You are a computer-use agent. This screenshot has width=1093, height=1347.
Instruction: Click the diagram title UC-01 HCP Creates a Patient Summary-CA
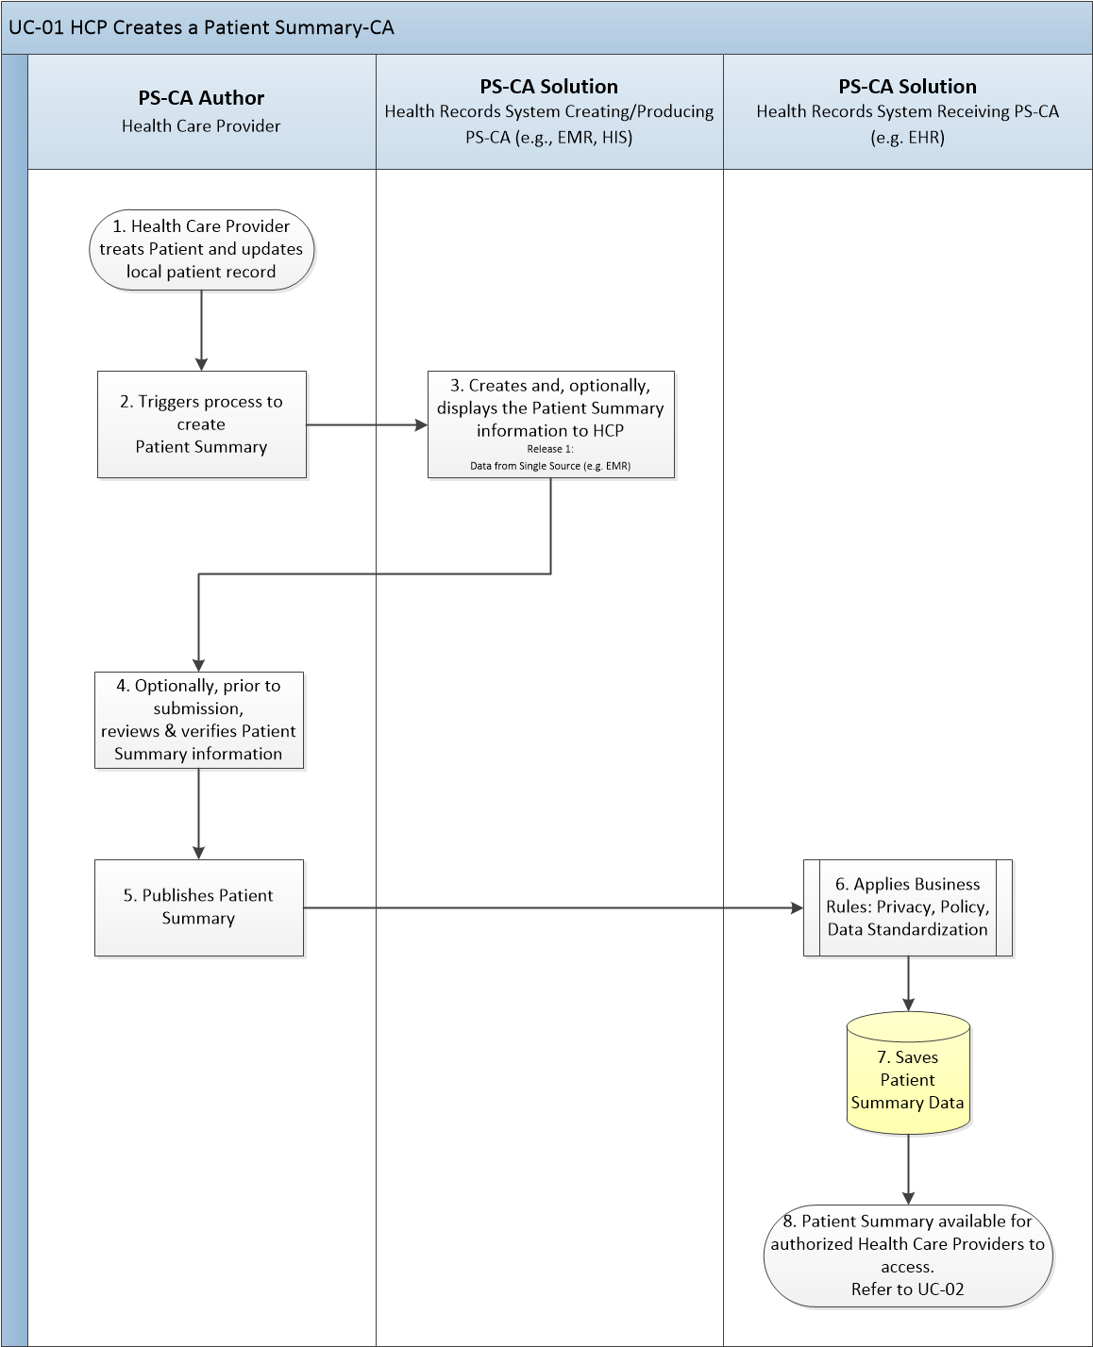coord(201,27)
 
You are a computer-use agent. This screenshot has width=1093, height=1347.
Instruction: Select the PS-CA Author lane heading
coord(201,98)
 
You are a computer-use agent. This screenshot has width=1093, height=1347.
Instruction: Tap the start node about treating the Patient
coord(201,250)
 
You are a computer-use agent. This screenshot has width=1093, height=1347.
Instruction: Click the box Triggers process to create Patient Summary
coord(202,424)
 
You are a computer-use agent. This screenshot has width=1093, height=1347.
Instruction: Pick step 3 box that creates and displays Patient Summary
coord(550,424)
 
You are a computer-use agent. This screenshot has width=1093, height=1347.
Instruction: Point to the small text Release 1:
coord(550,449)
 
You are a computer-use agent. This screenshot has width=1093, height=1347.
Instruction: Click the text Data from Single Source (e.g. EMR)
coord(550,466)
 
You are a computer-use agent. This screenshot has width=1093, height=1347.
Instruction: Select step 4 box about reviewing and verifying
coord(199,721)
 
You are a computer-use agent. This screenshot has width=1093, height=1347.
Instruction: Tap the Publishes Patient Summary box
coord(199,907)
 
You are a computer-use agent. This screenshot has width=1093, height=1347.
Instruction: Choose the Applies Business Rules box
coord(908,907)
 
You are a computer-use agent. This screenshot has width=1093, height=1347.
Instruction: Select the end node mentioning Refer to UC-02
coord(908,1256)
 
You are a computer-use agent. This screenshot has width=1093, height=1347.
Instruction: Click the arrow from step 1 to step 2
coord(201,331)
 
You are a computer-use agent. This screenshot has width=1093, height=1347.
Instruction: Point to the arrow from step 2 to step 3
coord(367,425)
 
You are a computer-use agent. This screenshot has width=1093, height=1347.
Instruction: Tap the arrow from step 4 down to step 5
coord(199,815)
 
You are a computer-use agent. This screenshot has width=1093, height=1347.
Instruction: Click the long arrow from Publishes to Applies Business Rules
coord(554,908)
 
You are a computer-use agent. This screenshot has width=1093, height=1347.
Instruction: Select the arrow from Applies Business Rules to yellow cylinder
coord(908,984)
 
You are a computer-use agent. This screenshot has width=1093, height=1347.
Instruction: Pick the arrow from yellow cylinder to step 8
coord(908,1170)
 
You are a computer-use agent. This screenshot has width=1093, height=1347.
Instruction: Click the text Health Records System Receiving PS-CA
coord(908,112)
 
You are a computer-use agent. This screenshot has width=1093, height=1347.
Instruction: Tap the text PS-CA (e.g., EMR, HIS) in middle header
coord(549,138)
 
